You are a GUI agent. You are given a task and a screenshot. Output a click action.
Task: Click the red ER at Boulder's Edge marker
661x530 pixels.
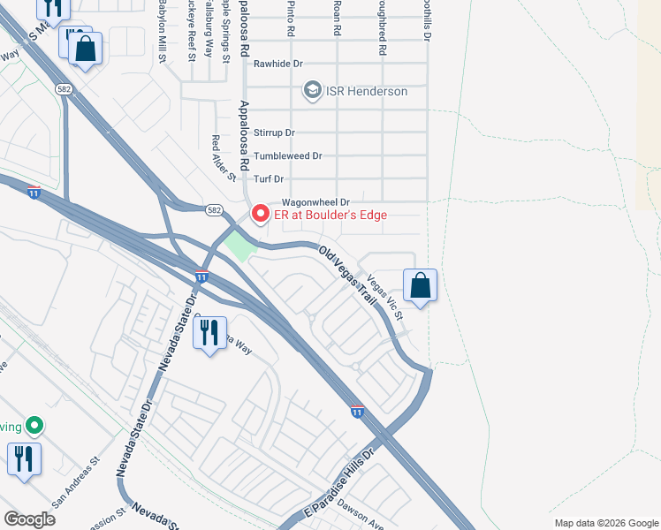click(x=260, y=214)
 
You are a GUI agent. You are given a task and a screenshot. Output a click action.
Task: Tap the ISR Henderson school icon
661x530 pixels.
click(x=311, y=90)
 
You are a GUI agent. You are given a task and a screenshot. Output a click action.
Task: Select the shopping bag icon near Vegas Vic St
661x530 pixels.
click(x=421, y=285)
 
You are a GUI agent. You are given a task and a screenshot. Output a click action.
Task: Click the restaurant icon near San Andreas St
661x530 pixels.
click(x=23, y=459)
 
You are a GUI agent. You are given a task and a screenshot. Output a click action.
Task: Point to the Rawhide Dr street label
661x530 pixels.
click(x=278, y=64)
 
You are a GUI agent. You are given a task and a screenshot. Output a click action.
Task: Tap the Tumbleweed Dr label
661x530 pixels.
click(x=288, y=156)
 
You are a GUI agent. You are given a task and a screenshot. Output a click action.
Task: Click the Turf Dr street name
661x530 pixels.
click(x=271, y=179)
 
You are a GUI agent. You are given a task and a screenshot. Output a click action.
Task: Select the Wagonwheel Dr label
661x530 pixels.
click(x=315, y=202)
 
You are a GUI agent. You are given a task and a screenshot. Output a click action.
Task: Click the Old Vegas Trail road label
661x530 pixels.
click(x=348, y=273)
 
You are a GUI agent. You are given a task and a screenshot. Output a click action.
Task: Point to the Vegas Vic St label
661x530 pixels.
click(x=385, y=298)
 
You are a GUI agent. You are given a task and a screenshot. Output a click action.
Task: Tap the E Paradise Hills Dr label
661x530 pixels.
click(x=339, y=481)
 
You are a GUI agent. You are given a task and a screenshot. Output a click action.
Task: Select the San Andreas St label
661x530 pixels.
click(x=77, y=482)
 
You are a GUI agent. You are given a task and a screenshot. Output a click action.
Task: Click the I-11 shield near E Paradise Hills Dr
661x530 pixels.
click(x=357, y=411)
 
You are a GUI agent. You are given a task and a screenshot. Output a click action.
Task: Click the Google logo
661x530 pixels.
click(x=29, y=519)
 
